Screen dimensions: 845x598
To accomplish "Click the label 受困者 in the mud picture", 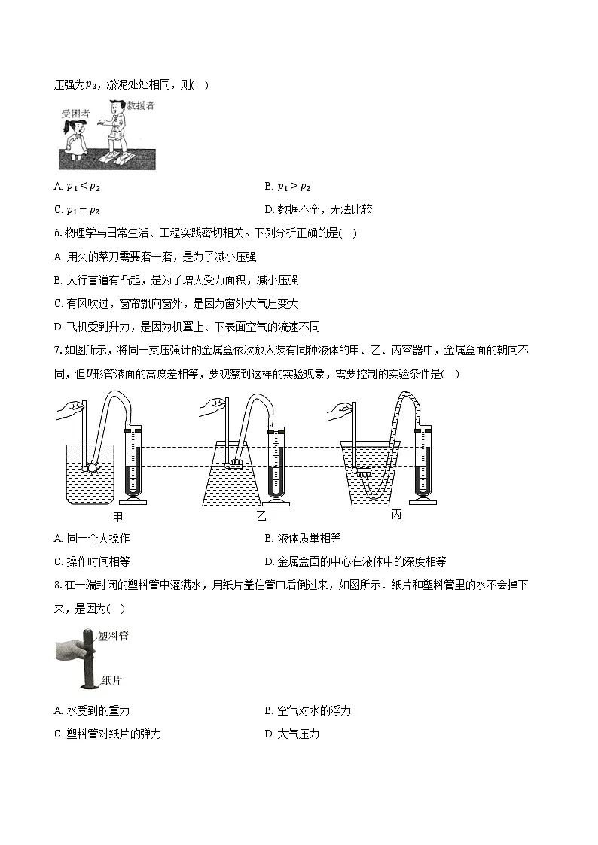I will (x=76, y=114).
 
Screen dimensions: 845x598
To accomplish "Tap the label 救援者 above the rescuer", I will (x=140, y=106).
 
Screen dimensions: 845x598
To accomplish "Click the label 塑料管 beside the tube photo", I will (x=114, y=636).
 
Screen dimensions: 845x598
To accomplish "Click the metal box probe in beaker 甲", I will (x=93, y=468).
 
